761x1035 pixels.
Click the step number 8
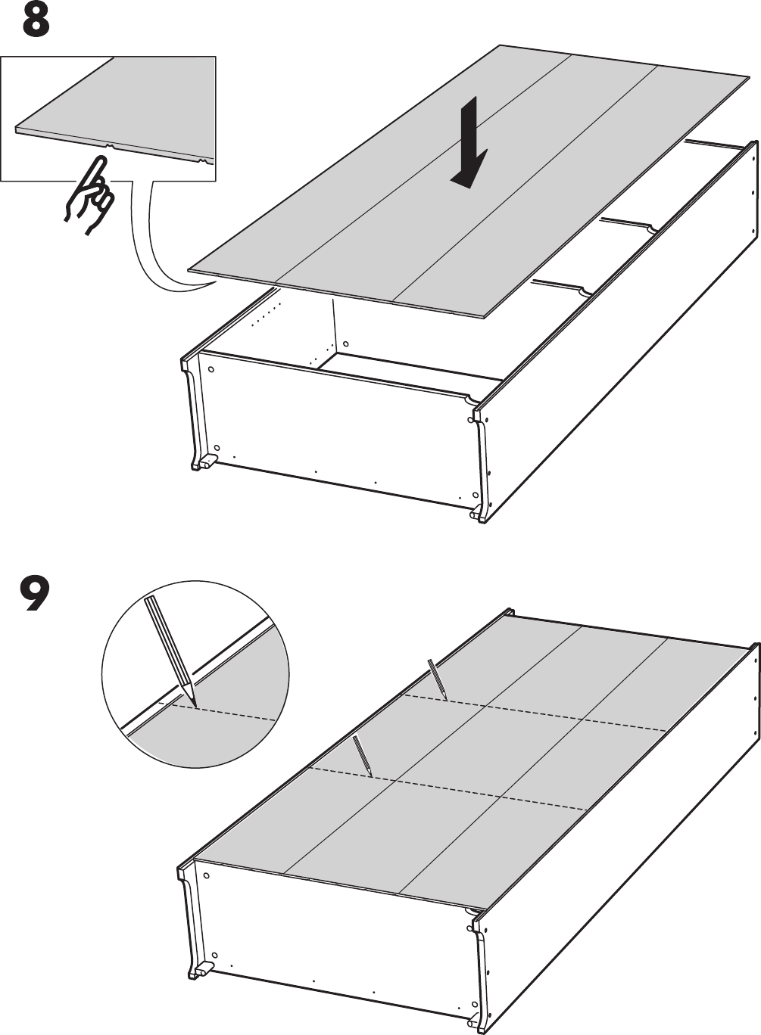pos(36,22)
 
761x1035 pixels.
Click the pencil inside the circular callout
pos(171,647)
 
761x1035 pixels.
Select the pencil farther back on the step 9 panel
pos(438,679)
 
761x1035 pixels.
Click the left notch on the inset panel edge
pos(110,145)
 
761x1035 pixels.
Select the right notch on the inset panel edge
pos(203,161)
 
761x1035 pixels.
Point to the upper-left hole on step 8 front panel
pos(211,371)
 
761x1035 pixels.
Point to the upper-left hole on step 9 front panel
pos(206,876)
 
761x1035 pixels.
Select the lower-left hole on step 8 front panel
pos(216,448)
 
